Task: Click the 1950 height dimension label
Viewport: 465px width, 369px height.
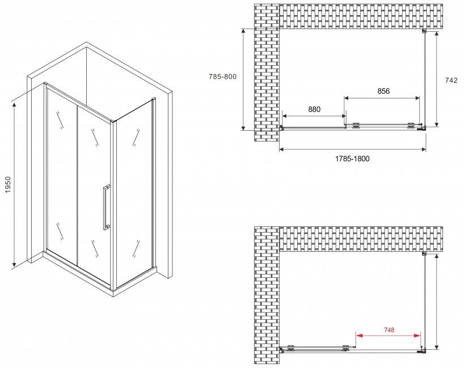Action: pyautogui.click(x=8, y=184)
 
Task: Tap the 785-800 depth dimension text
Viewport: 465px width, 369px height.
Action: pyautogui.click(x=223, y=76)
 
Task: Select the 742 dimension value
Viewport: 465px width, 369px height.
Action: pyautogui.click(x=451, y=80)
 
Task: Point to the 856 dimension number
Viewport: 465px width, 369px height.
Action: pyautogui.click(x=383, y=91)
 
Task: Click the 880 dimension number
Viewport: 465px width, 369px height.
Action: pyautogui.click(x=314, y=109)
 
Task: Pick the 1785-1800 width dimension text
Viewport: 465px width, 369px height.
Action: pyautogui.click(x=352, y=159)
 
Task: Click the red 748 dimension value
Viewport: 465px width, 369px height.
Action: pyautogui.click(x=389, y=329)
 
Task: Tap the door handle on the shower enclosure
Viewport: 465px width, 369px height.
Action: pyautogui.click(x=107, y=207)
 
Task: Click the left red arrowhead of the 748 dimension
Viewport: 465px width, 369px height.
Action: pyautogui.click(x=359, y=336)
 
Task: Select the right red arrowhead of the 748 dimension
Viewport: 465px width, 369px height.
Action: pyautogui.click(x=417, y=336)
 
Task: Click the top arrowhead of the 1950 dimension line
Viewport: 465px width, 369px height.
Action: pyautogui.click(x=14, y=105)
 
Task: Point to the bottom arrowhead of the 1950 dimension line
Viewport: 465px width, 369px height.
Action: pyautogui.click(x=14, y=263)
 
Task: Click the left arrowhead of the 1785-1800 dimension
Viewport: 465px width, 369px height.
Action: pyautogui.click(x=282, y=149)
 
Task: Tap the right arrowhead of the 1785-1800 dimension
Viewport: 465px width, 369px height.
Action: pyautogui.click(x=423, y=149)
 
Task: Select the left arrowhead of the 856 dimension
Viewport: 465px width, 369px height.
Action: pyautogui.click(x=347, y=98)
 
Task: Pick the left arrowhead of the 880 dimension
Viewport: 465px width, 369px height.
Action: pyautogui.click(x=285, y=116)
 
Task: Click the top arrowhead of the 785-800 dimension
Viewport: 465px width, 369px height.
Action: pyautogui.click(x=243, y=32)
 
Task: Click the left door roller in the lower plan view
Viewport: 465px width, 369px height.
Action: pyautogui.click(x=290, y=348)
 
